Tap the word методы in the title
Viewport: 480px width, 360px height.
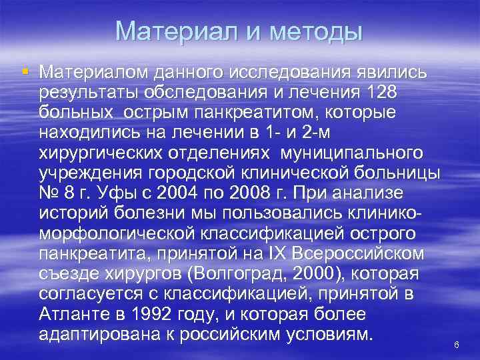(315, 31)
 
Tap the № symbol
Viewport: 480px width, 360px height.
(49, 193)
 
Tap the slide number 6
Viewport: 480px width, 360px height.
(457, 345)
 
